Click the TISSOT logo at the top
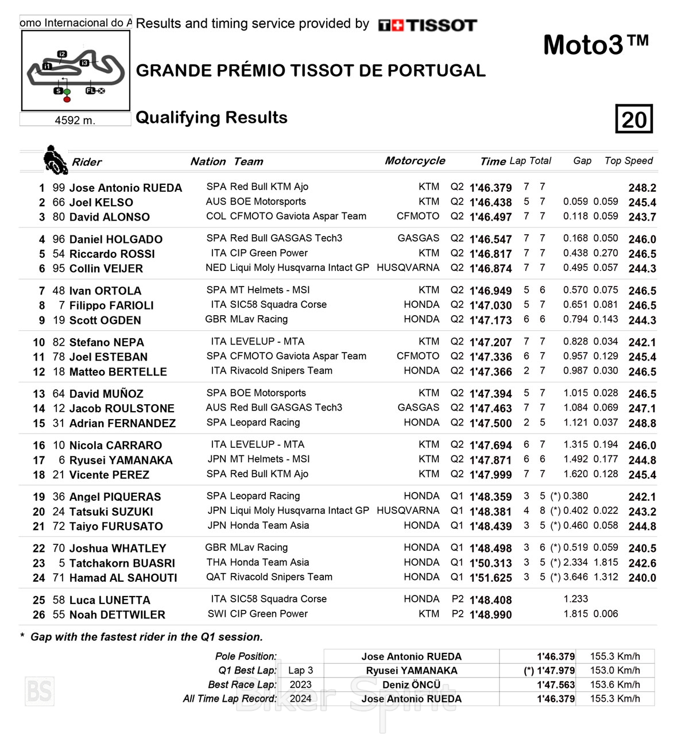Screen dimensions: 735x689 tap(427, 25)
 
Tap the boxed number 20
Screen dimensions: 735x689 tap(634, 119)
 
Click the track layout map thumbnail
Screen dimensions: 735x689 tap(75, 70)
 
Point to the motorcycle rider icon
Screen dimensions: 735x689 tap(55, 160)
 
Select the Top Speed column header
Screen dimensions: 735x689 tap(629, 161)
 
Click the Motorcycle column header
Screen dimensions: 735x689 tap(415, 161)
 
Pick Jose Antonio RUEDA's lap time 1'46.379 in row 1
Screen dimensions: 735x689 tap(490, 188)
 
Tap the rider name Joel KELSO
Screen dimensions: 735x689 tap(101, 202)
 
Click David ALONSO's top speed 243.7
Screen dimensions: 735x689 tap(642, 217)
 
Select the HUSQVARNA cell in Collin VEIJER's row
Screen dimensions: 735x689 tap(408, 268)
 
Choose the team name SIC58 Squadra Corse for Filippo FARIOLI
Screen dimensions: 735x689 tap(278, 304)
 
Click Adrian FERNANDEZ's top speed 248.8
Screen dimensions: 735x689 tap(642, 423)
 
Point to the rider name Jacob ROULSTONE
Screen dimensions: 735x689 tap(122, 408)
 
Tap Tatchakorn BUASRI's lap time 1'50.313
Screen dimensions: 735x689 tap(490, 563)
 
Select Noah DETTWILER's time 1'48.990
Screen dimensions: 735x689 tap(490, 614)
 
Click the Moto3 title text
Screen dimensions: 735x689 tap(595, 45)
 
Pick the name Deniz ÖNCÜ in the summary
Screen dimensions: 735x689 tap(411, 684)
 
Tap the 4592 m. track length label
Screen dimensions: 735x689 tap(75, 120)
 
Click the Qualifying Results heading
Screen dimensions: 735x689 tap(211, 118)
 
